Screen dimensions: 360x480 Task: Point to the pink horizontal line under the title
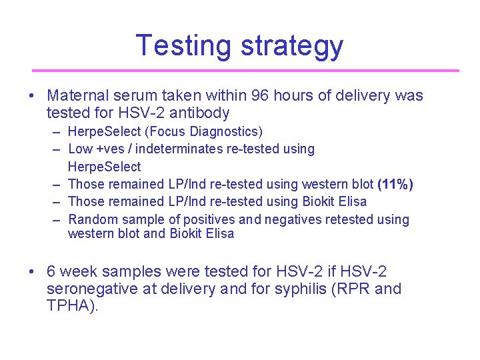click(x=245, y=70)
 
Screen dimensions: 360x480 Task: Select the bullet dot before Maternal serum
click(x=32, y=96)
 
